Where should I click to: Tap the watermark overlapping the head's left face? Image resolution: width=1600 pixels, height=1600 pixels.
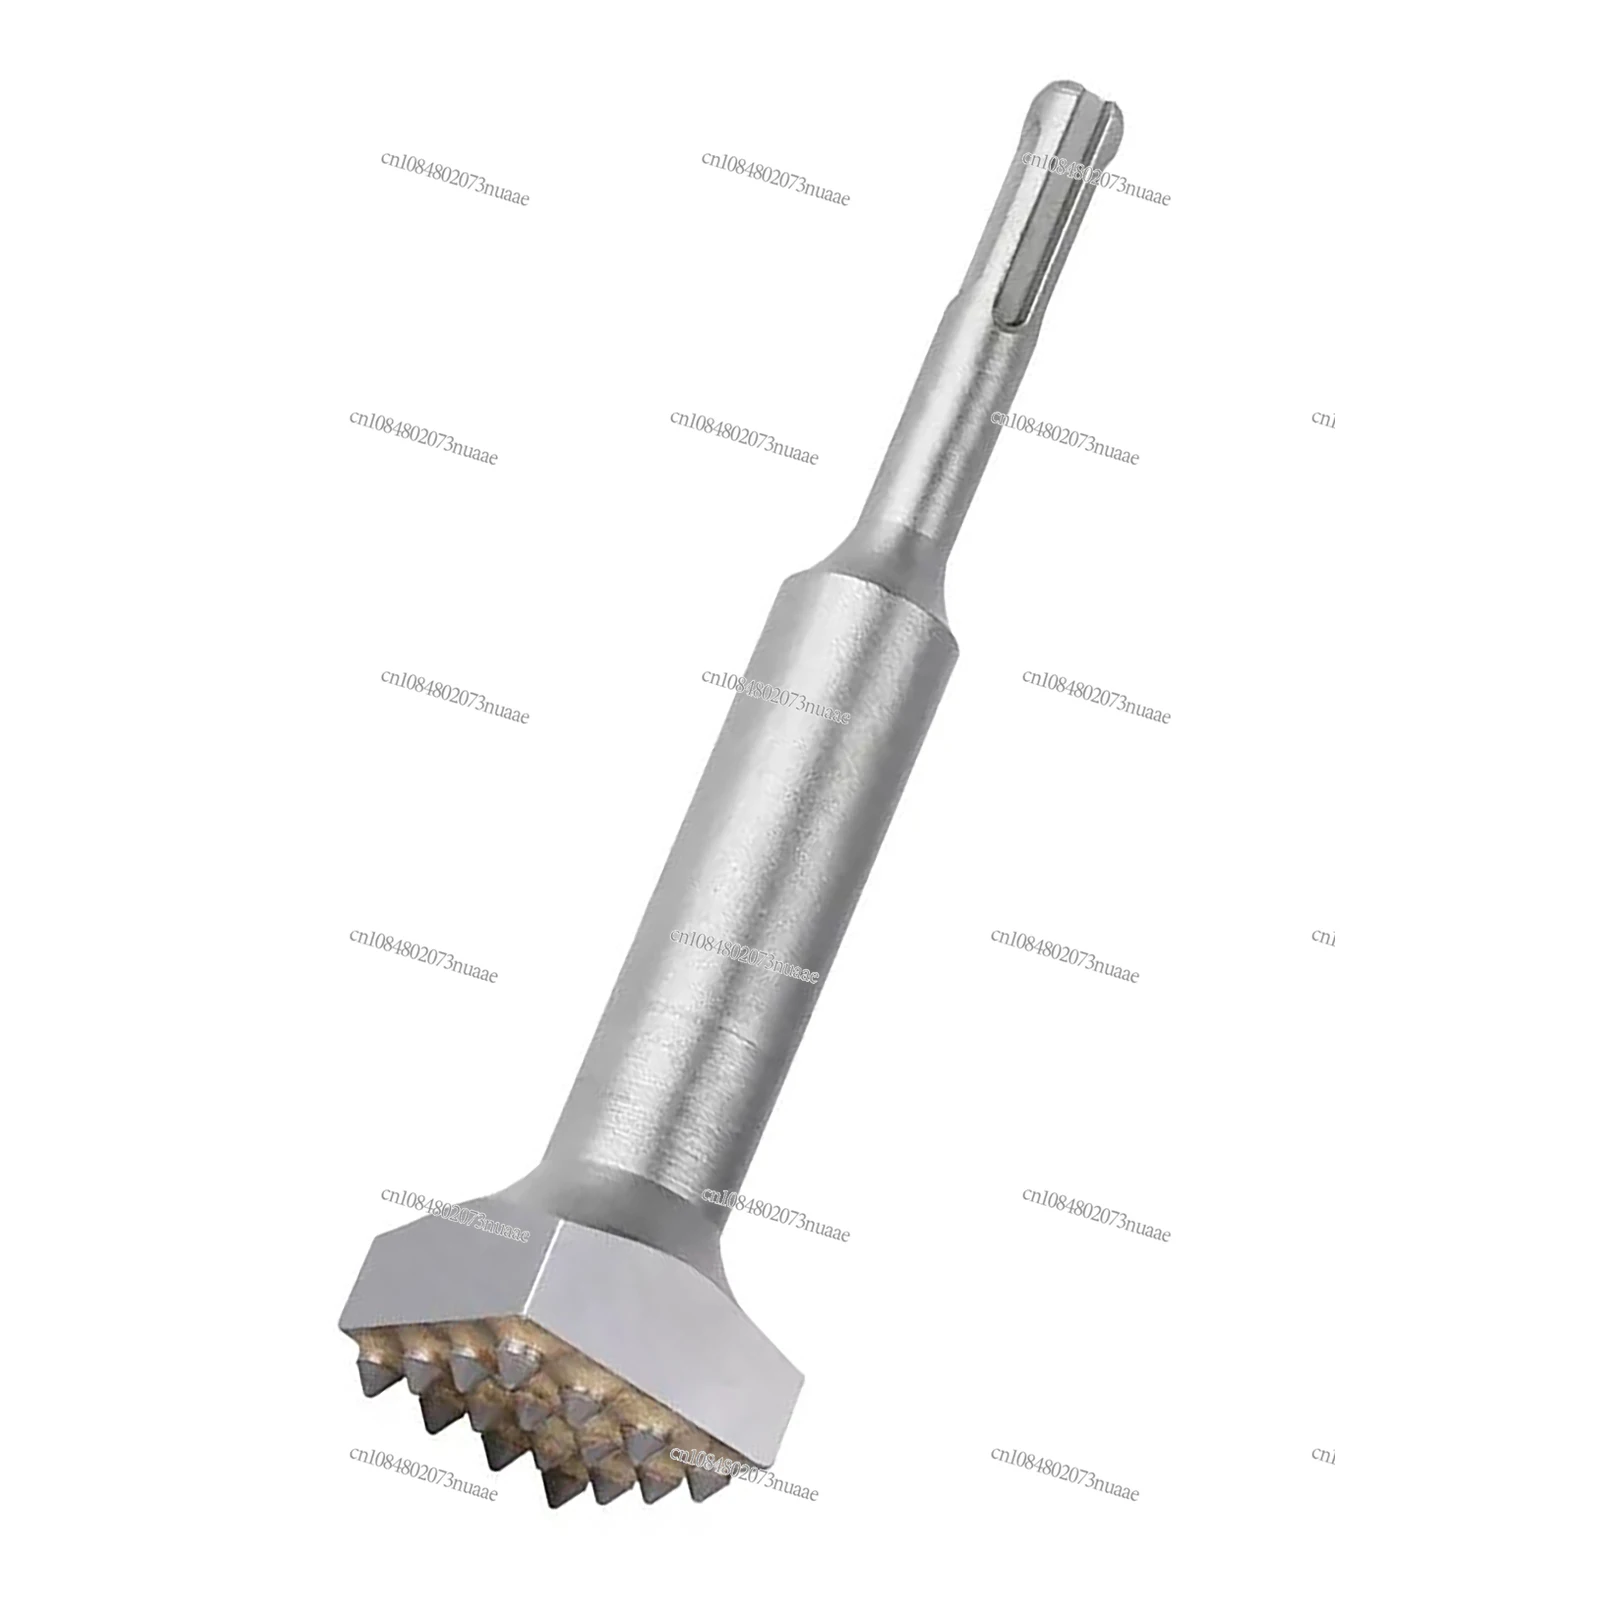point(455,1214)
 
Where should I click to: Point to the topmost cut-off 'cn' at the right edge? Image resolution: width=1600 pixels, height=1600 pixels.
point(1323,418)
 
